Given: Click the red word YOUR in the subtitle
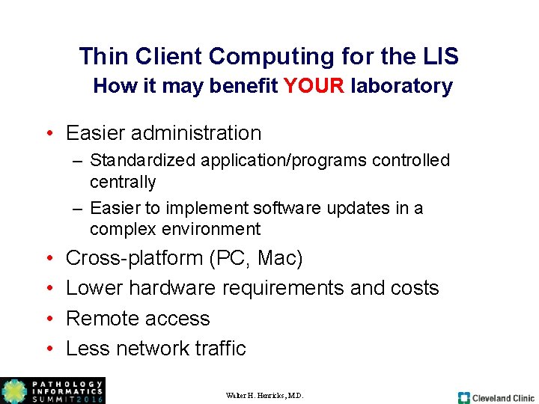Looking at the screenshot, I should click(314, 86).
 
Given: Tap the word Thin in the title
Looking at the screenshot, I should click(103, 56).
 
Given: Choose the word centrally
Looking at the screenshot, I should click(123, 182).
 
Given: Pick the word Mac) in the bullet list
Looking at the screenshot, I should click(280, 258).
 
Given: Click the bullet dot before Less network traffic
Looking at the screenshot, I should click(47, 349).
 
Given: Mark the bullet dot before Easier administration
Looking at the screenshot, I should click(47, 134).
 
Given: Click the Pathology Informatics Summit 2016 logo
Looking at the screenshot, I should click(52, 391).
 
